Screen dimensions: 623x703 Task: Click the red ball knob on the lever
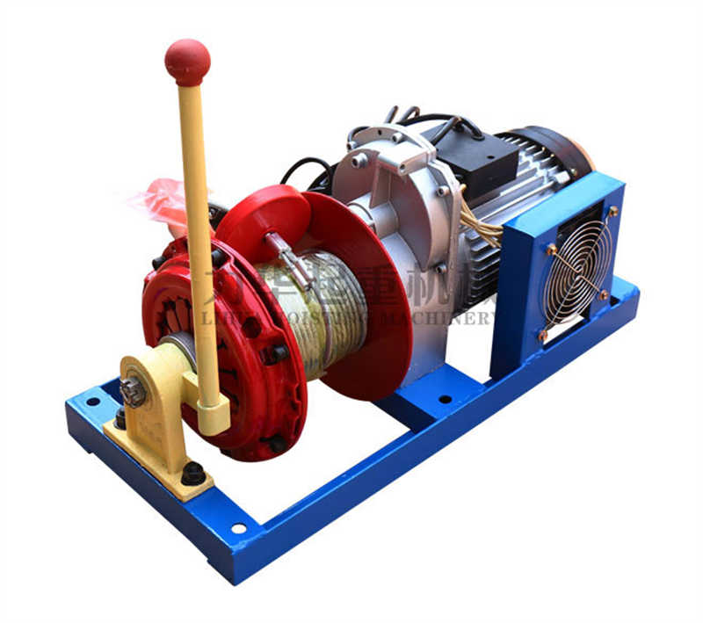pyautogui.click(x=187, y=60)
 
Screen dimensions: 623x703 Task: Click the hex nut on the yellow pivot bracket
pyautogui.click(x=133, y=391)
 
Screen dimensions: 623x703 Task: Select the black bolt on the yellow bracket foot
pyautogui.click(x=192, y=473)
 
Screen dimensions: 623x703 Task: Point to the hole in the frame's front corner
pyautogui.click(x=238, y=528)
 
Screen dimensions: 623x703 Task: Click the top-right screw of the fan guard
pyautogui.click(x=612, y=211)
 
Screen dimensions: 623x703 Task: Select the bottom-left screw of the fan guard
pyautogui.click(x=543, y=335)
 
